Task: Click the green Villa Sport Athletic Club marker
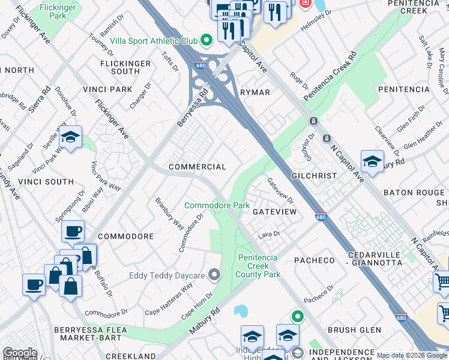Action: tap(206, 41)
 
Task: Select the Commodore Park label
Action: tap(217, 205)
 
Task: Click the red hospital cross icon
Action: tap(304, 3)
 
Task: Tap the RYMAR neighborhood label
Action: tap(255, 92)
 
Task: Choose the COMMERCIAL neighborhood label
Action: tap(197, 167)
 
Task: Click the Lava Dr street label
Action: tap(269, 235)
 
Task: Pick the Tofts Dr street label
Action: tap(170, 61)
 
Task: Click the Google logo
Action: tap(20, 353)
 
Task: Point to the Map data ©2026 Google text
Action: tap(412, 355)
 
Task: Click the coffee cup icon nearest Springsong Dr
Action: tap(73, 232)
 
